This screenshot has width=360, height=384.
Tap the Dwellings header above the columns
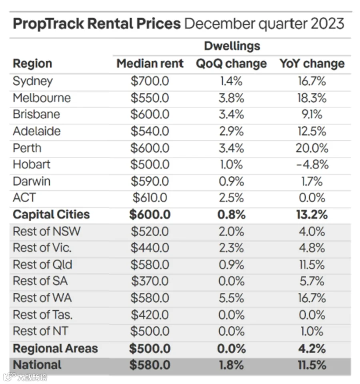point(232,46)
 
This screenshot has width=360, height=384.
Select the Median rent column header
point(150,64)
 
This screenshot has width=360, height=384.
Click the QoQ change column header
point(231,64)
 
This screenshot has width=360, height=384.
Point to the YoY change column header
point(312,64)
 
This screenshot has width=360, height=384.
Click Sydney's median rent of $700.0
point(150,81)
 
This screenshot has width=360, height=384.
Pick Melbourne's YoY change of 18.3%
point(312,98)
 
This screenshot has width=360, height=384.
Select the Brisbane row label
point(36,114)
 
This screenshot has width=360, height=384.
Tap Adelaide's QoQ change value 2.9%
point(231,132)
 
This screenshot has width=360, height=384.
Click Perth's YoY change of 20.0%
point(312,148)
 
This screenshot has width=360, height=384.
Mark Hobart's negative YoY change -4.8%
point(312,164)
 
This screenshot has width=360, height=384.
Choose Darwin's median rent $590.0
point(150,182)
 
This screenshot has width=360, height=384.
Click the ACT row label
point(24,198)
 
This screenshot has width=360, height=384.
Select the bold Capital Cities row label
point(51,214)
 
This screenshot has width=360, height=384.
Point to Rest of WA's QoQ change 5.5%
point(231,298)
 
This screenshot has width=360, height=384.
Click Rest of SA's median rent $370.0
point(150,281)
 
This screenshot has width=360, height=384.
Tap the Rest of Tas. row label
point(43,315)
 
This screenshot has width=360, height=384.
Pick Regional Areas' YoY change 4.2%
point(312,348)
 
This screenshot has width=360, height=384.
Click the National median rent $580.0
point(150,365)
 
